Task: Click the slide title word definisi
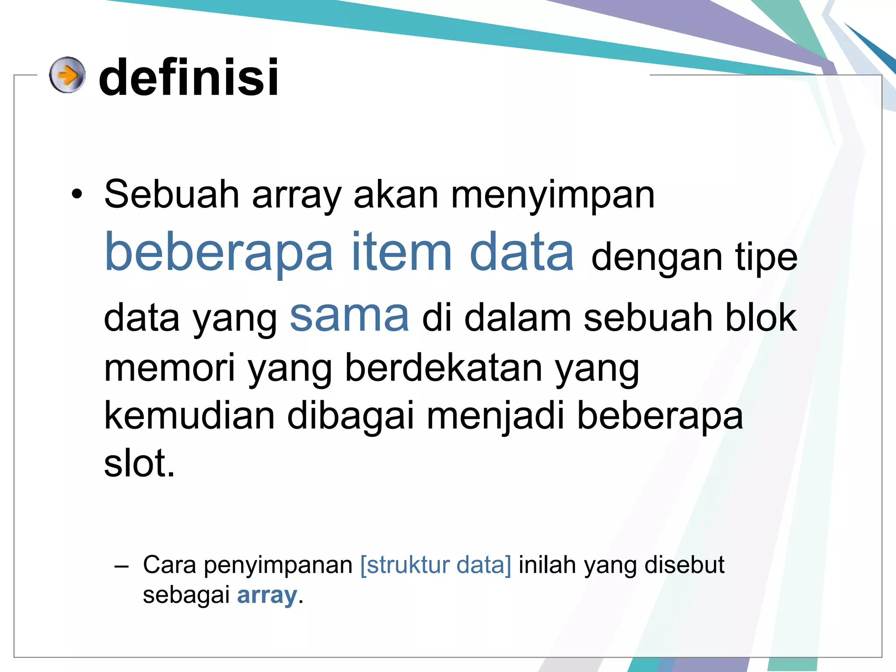pyautogui.click(x=189, y=78)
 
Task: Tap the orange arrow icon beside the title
pyautogui.click(x=67, y=75)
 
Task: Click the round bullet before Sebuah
pyautogui.click(x=77, y=195)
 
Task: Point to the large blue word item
pyautogui.click(x=401, y=252)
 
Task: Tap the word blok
pyautogui.click(x=761, y=318)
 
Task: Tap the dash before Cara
pyautogui.click(x=121, y=567)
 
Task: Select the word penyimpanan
pyautogui.click(x=278, y=565)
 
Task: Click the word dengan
pyautogui.click(x=657, y=258)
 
